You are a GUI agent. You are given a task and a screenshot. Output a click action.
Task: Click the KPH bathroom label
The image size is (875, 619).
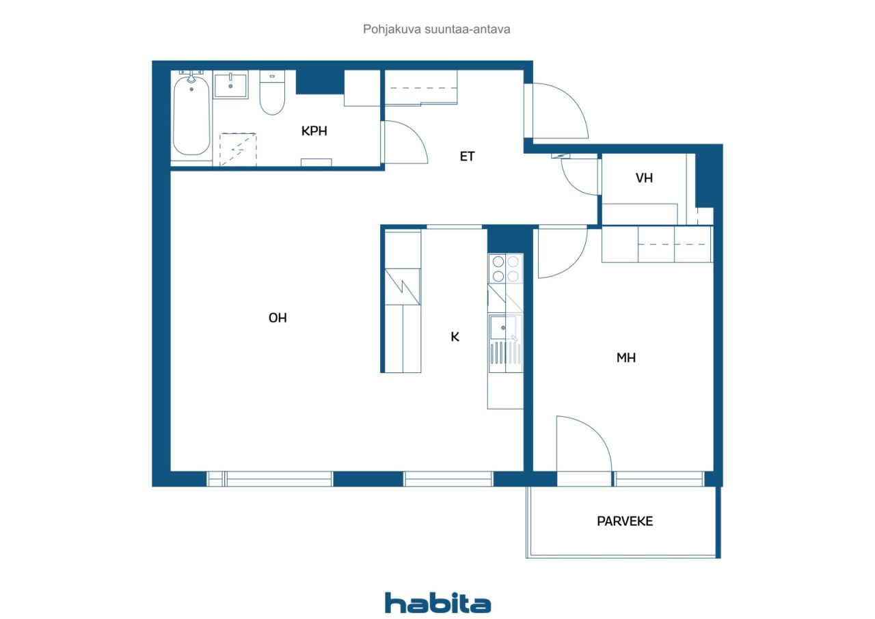coord(314,131)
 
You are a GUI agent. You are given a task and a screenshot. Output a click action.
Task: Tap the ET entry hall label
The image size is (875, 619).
coord(467,156)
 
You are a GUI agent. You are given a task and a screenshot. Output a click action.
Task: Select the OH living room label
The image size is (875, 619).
coord(278,318)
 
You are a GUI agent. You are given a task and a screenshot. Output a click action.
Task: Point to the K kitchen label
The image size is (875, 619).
coord(455,337)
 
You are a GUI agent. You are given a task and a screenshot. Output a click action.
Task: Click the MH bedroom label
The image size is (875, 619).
coord(625,358)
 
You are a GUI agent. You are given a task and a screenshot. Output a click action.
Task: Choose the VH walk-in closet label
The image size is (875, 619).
coord(644,178)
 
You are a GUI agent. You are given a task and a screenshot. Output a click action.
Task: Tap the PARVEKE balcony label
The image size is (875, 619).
coord(625,521)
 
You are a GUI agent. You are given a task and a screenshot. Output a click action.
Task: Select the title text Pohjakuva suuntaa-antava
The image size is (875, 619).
coord(436,29)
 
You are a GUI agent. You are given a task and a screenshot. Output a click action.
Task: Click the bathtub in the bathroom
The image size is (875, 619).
coord(191,115)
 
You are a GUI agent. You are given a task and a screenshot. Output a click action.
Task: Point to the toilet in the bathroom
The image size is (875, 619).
coord(272,93)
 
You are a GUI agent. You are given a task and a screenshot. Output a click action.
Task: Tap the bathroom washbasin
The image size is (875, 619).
coord(230,85)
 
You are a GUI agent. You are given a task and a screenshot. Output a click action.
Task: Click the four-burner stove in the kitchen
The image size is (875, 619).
coord(505,269)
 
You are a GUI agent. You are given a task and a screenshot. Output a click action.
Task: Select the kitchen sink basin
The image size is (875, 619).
coord(503,327)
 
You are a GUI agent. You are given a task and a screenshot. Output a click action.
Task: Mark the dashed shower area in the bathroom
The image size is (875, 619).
coord(238,150)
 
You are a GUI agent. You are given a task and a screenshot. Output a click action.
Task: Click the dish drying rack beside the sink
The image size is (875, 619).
coord(506,353)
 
